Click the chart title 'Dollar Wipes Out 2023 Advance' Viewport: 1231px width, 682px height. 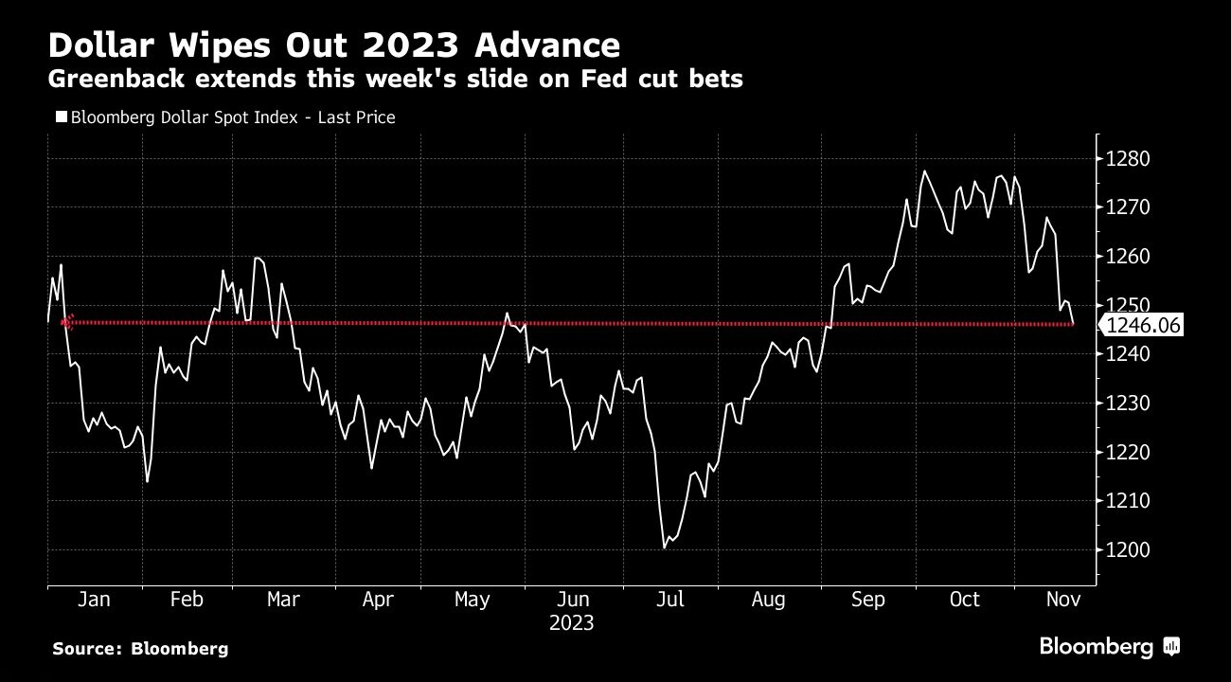click(334, 45)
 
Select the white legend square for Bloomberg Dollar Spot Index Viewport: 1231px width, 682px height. click(62, 117)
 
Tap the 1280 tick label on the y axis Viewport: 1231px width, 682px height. click(1128, 158)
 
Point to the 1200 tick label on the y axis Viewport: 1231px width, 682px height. click(1128, 550)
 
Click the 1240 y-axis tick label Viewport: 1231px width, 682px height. click(1128, 354)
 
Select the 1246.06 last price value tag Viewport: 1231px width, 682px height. click(1142, 326)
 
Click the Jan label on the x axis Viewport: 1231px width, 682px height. click(94, 600)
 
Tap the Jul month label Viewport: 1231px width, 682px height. click(670, 600)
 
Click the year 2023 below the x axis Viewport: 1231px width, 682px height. click(572, 623)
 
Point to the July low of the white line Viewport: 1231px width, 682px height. click(665, 547)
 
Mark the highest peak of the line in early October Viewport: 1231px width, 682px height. click(924, 171)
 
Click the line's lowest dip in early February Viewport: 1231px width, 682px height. click(147, 481)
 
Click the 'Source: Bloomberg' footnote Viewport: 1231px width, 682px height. click(140, 649)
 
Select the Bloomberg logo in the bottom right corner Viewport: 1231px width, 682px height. click(1109, 647)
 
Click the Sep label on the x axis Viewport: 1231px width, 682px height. click(868, 600)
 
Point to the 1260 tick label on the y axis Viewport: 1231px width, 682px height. click(1128, 257)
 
